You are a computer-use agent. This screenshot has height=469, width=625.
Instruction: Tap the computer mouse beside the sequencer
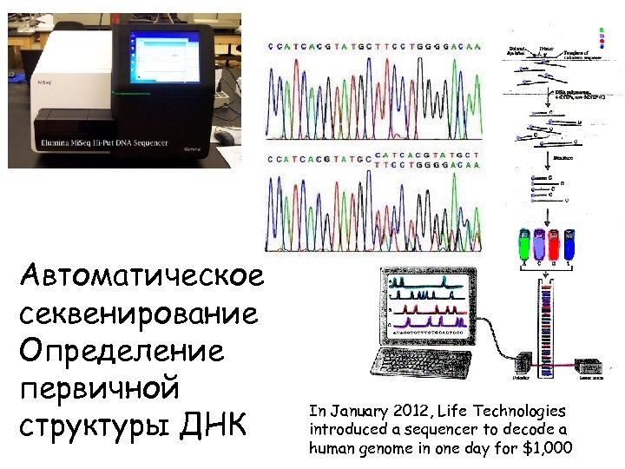click(225, 137)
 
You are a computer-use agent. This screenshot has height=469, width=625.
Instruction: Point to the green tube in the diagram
click(523, 246)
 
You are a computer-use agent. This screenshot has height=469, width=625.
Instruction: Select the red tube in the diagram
click(554, 246)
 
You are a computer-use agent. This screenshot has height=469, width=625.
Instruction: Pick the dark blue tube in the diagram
click(569, 246)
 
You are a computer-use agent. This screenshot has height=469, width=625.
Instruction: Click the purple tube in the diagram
click(538, 246)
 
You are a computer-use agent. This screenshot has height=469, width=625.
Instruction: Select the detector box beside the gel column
click(522, 365)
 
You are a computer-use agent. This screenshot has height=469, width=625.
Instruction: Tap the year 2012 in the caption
click(408, 411)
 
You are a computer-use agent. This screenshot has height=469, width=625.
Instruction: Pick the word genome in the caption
click(379, 448)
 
